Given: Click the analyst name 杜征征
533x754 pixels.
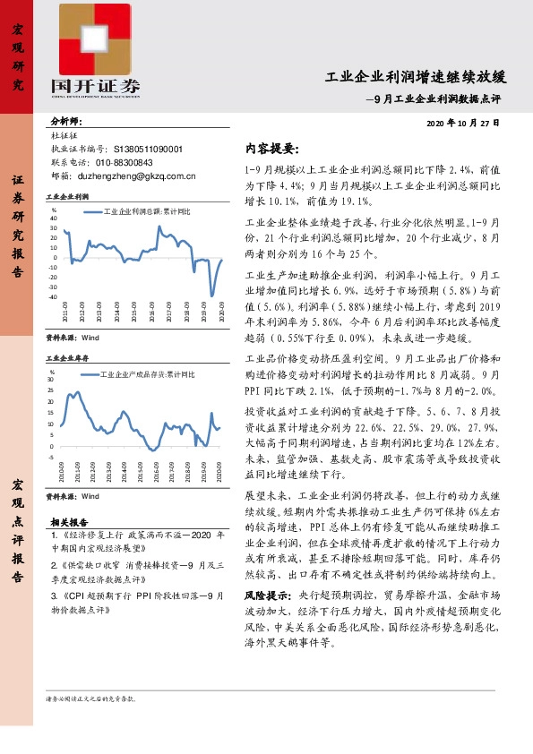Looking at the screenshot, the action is tap(64, 136).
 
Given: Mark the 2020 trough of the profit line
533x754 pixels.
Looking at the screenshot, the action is tap(212, 295).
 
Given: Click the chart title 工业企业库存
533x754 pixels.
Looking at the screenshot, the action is tap(66, 357).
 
